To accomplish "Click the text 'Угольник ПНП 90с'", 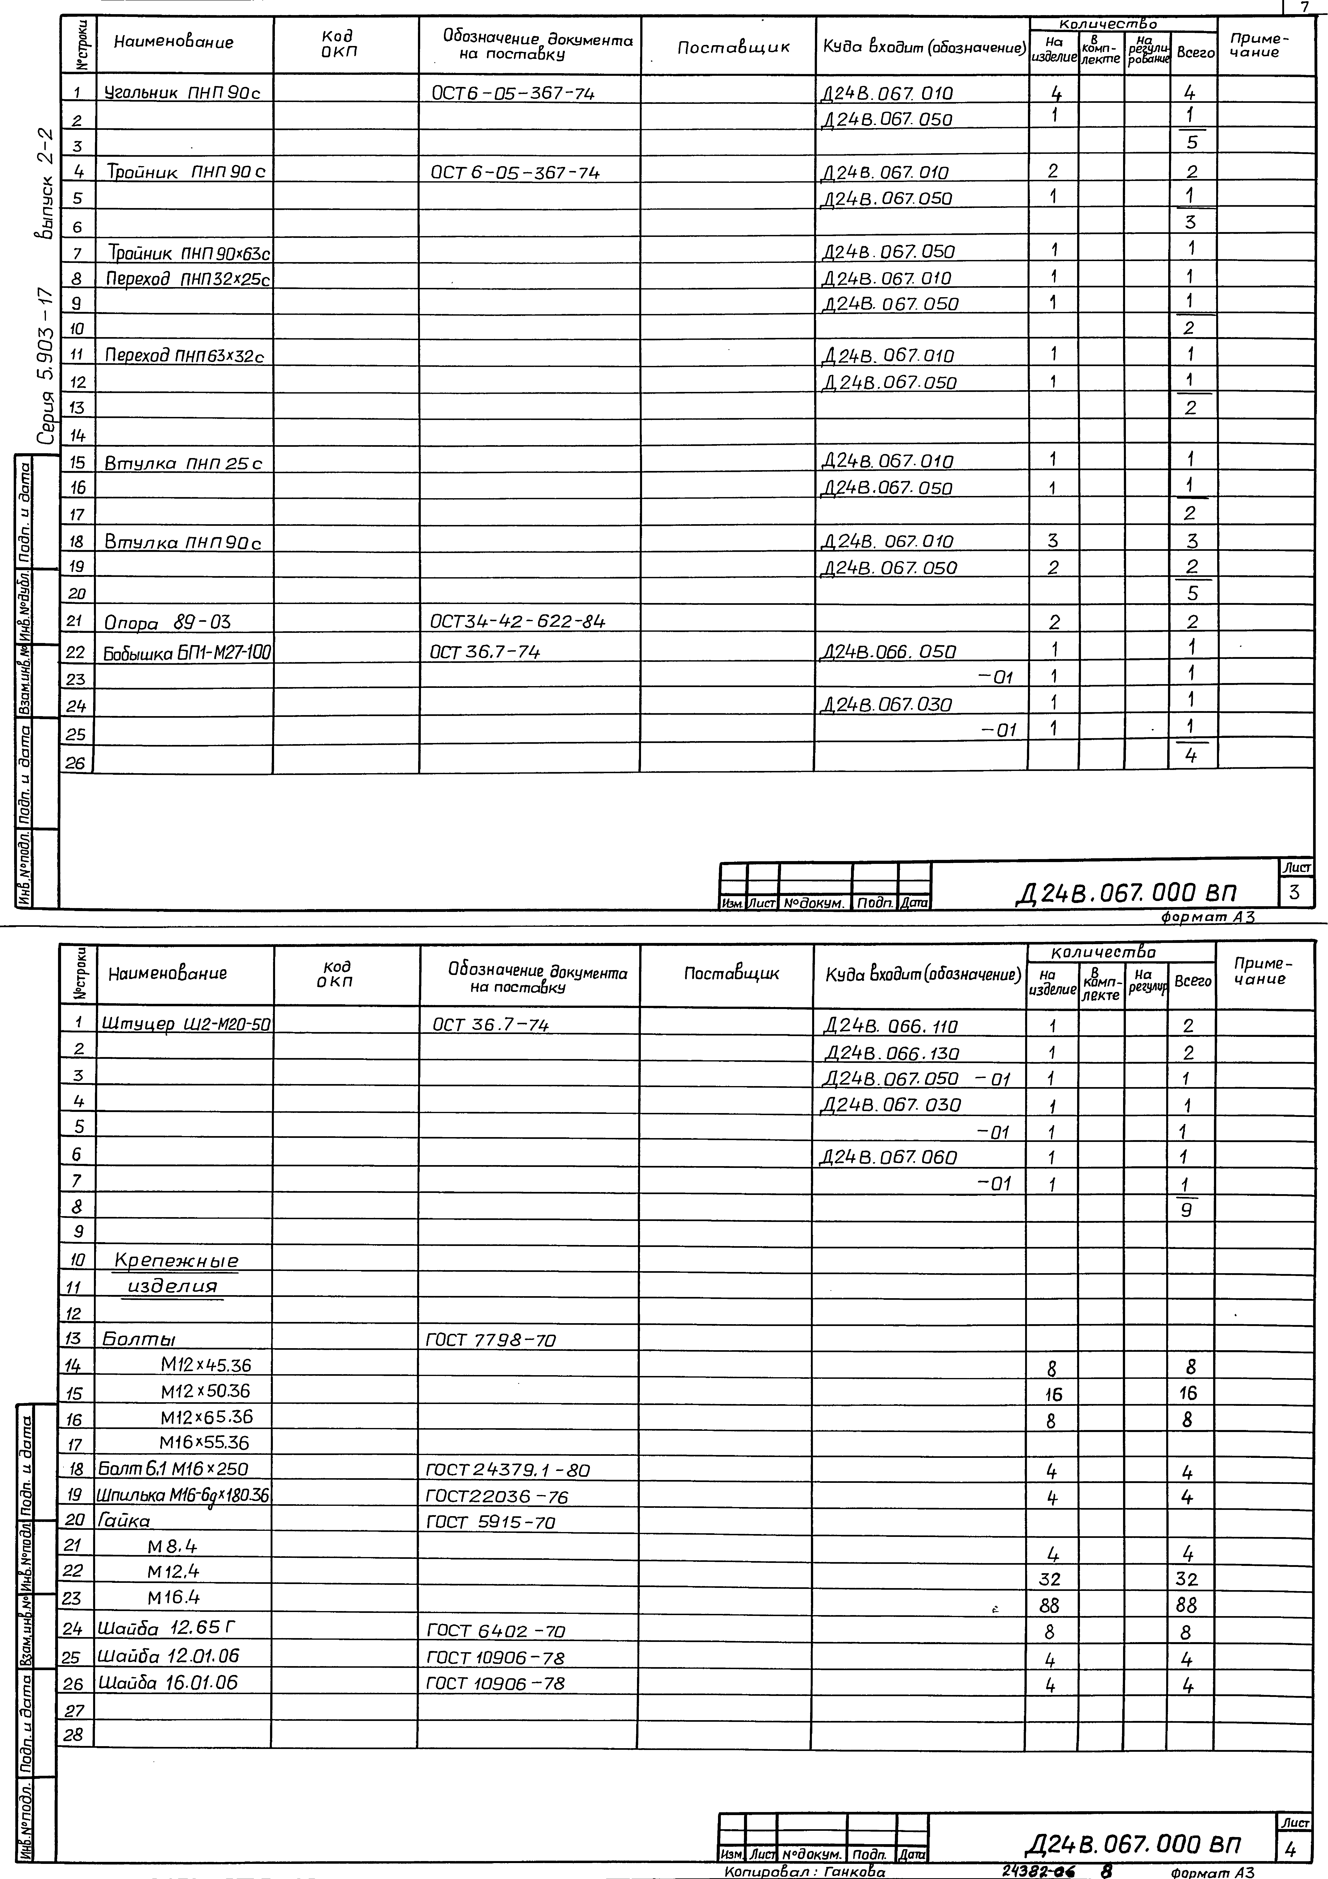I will point(182,93).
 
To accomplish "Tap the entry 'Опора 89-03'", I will point(167,623).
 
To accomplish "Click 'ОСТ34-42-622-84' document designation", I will point(518,622).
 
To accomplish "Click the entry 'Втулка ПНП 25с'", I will point(182,463).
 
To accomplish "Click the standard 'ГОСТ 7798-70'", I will point(491,1340).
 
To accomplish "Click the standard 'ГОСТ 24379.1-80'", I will point(507,1470).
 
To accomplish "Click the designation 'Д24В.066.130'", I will point(892,1053).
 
